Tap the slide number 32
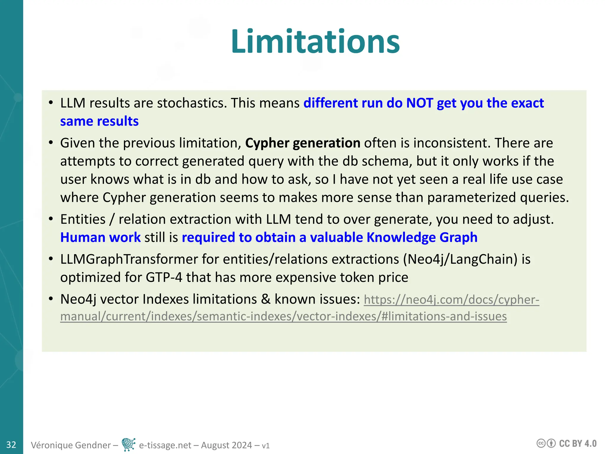(x=11, y=445)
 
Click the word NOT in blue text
(x=420, y=103)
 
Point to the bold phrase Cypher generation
(x=302, y=143)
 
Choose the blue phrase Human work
(x=100, y=237)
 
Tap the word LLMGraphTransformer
(x=129, y=259)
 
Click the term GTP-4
(x=164, y=278)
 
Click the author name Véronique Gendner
(x=71, y=445)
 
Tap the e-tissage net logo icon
(x=129, y=444)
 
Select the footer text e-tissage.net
(x=165, y=445)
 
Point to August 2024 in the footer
(x=226, y=445)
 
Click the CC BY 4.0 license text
(x=578, y=444)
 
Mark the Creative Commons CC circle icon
(x=541, y=443)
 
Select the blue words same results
(x=99, y=121)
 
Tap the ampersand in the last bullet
(x=266, y=299)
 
